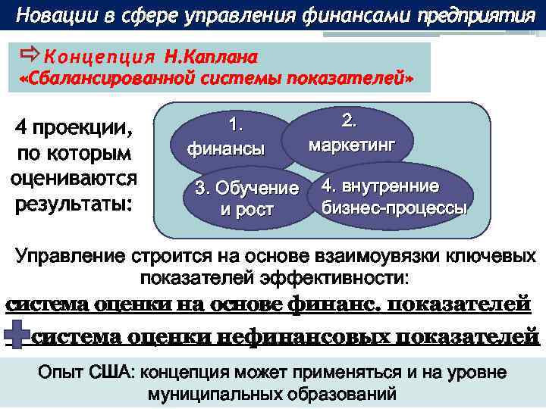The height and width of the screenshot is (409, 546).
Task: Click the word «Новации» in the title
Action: (x=53, y=14)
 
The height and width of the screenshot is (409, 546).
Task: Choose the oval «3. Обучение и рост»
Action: (x=246, y=198)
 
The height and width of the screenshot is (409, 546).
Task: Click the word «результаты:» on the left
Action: (x=74, y=204)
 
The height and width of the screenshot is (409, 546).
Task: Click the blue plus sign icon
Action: (x=18, y=334)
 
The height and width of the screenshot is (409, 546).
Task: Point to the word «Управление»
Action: (x=71, y=256)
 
